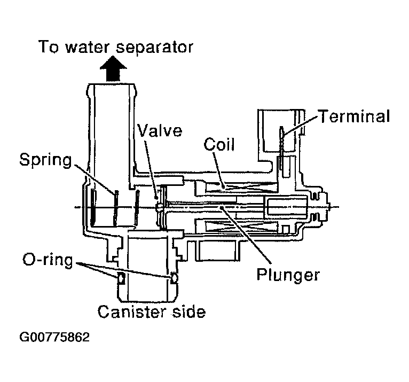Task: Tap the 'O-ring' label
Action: click(x=48, y=261)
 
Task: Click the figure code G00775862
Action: click(x=55, y=338)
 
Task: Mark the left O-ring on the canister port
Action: click(x=121, y=278)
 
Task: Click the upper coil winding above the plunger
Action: click(x=240, y=186)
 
